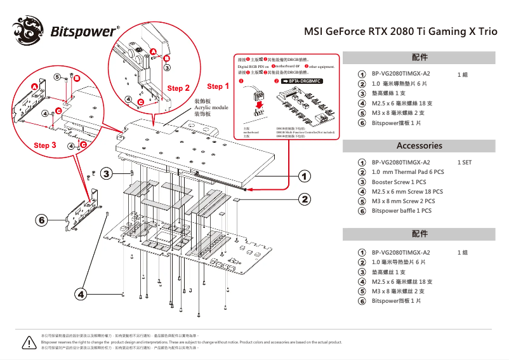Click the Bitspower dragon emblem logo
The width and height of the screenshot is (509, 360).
(x=30, y=31)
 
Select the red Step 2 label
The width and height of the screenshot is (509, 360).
(x=178, y=88)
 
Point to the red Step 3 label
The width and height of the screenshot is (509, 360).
(x=45, y=145)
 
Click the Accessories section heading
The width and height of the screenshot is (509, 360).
(x=419, y=145)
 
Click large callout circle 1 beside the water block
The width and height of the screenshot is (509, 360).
(x=305, y=175)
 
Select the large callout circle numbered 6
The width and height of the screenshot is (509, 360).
(x=42, y=220)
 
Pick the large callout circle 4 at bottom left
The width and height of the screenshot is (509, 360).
(x=81, y=293)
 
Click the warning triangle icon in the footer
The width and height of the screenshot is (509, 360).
(x=28, y=342)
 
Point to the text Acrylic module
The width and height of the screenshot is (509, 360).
(x=211, y=108)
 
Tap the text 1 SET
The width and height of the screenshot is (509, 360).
(x=465, y=163)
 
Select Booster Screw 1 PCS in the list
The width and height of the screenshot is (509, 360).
(x=399, y=182)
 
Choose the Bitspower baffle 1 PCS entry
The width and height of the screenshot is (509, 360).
(x=401, y=211)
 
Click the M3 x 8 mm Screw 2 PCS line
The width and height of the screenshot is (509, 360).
(x=403, y=201)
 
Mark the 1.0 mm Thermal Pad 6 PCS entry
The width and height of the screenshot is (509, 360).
(x=407, y=172)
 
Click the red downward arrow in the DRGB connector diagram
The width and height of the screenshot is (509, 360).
(x=258, y=106)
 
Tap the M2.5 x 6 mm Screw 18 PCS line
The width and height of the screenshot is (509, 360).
(x=407, y=191)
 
